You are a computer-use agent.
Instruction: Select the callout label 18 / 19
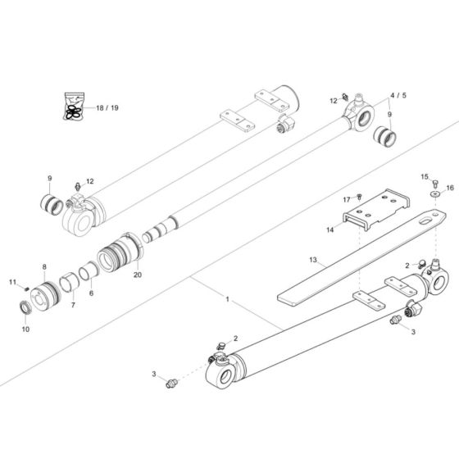(x=107, y=108)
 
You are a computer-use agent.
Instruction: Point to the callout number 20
(x=137, y=275)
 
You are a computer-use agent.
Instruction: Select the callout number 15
(x=425, y=176)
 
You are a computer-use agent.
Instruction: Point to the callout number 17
(x=347, y=199)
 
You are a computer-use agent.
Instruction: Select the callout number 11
(x=13, y=283)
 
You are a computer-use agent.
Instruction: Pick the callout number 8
(x=44, y=266)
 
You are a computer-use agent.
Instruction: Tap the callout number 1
(x=227, y=302)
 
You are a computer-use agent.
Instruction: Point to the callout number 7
(x=71, y=305)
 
